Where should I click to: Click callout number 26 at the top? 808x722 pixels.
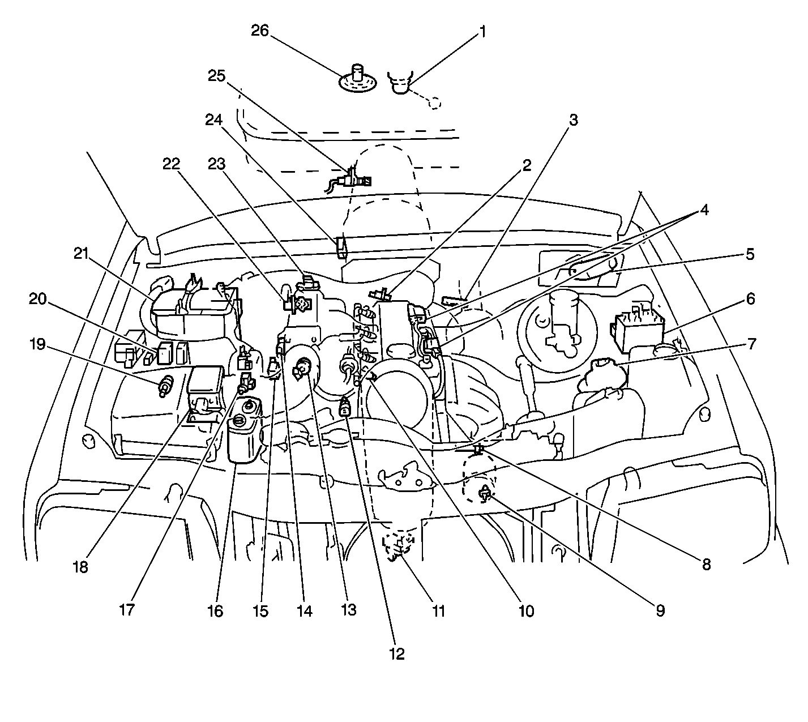pyautogui.click(x=260, y=31)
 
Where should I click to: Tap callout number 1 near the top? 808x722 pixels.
pyautogui.click(x=482, y=32)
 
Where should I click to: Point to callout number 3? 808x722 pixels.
pyautogui.click(x=574, y=120)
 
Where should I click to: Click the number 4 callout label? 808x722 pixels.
pyautogui.click(x=704, y=210)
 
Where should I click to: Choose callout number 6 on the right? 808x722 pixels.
pyautogui.click(x=750, y=298)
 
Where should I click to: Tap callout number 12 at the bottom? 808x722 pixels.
pyautogui.click(x=397, y=653)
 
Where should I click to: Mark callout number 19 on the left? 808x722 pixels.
pyautogui.click(x=37, y=344)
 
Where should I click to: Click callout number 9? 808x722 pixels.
pyautogui.click(x=660, y=610)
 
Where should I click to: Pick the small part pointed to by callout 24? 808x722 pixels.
pyautogui.click(x=341, y=247)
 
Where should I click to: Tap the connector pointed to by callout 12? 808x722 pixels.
pyautogui.click(x=345, y=408)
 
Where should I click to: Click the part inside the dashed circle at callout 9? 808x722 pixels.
pyautogui.click(x=484, y=494)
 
